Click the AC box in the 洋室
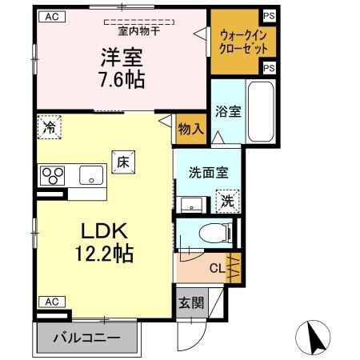tap(50, 16)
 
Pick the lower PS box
tap(268, 69)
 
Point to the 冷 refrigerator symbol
tap(50, 126)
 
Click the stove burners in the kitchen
tap(54, 174)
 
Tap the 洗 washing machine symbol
tap(227, 200)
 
